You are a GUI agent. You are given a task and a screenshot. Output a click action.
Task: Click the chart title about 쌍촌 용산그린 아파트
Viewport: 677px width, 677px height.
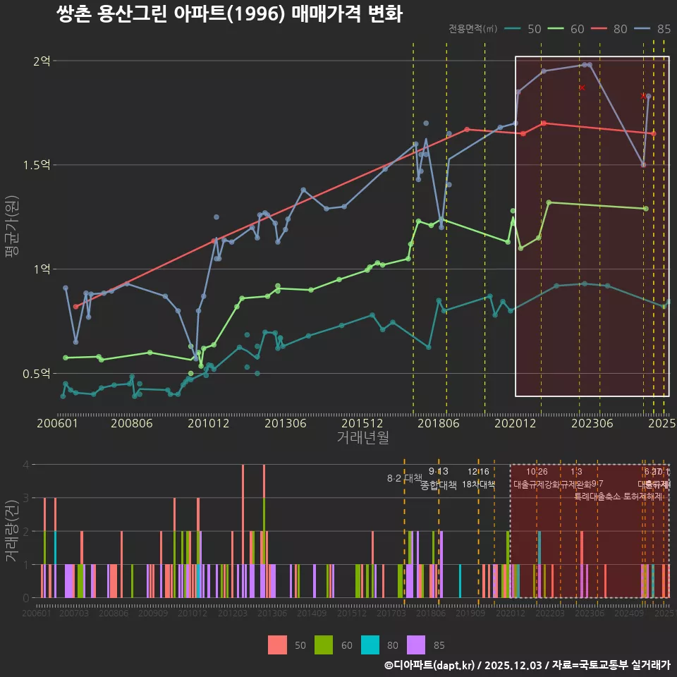(229, 14)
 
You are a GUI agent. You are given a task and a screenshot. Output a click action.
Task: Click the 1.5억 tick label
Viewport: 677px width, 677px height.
(37, 165)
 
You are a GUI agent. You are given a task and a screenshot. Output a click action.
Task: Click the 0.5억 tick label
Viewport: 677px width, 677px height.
(37, 373)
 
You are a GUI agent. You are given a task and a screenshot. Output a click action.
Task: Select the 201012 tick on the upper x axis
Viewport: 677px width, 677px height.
(207, 424)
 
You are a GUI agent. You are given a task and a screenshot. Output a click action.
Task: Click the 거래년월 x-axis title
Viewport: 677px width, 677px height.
(362, 438)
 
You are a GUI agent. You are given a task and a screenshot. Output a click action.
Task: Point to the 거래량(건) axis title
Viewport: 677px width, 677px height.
(11, 530)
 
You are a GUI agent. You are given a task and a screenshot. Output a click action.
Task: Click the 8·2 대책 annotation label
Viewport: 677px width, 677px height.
(404, 478)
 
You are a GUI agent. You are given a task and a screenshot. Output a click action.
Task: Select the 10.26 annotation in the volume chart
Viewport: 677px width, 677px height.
(537, 472)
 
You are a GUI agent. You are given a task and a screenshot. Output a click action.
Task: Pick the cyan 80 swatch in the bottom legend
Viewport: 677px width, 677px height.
(370, 645)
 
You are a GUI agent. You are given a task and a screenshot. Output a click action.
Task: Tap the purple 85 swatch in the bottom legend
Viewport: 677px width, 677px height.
(417, 645)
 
